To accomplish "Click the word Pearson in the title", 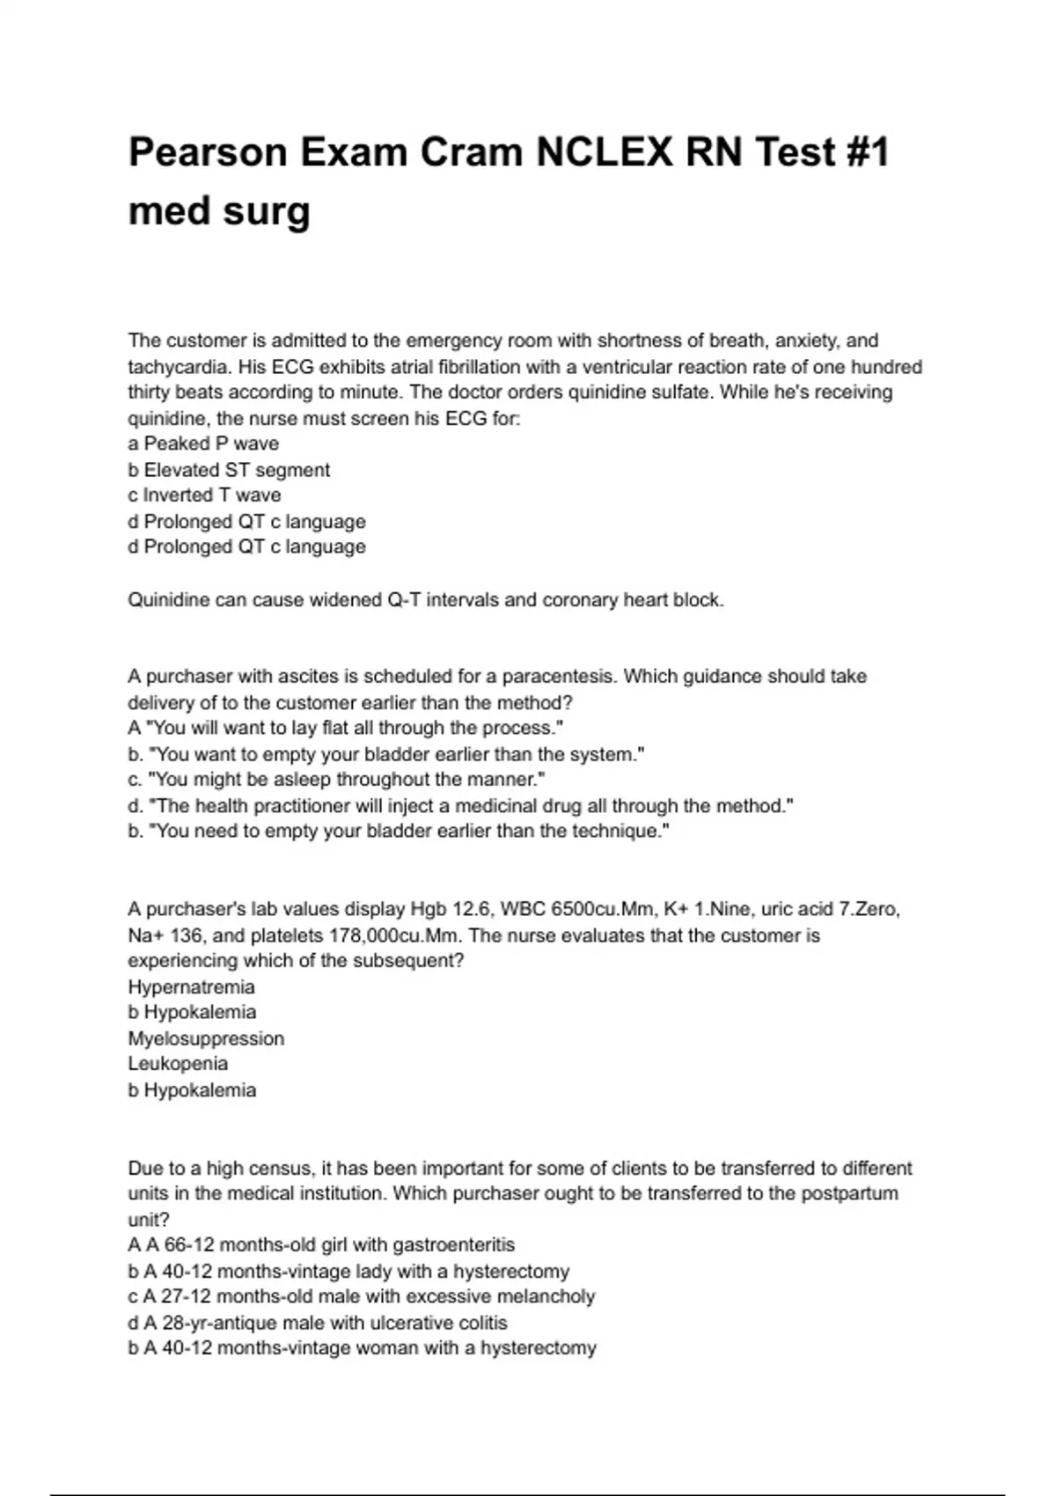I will [208, 153].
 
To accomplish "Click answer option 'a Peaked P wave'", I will [203, 444].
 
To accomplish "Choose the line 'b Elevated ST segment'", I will [229, 470].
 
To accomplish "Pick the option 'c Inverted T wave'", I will [204, 495].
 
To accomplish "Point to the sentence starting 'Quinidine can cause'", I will [425, 600].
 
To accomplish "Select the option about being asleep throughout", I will [337, 780].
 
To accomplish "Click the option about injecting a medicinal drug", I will [460, 806].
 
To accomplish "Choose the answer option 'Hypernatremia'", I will [191, 987].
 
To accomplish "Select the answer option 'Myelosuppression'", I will [206, 1038].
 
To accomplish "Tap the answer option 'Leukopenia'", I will [178, 1064].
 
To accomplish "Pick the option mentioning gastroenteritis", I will [321, 1245].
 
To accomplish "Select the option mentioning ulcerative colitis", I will [318, 1323].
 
